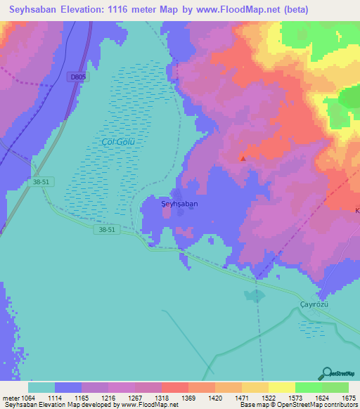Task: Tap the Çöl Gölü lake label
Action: point(117,141)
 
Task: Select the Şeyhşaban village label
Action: point(179,203)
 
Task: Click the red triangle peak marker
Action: point(243,158)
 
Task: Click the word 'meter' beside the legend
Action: point(10,397)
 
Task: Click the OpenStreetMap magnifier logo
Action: point(326,374)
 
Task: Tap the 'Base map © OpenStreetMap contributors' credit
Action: point(297,405)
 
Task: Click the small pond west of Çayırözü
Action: point(252,295)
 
